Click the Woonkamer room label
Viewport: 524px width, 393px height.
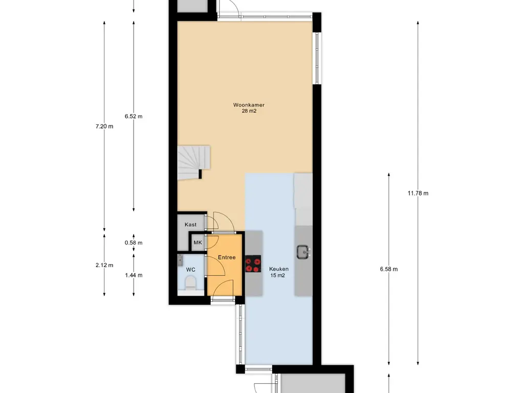coord(249,105)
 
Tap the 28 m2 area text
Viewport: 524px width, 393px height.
coord(249,111)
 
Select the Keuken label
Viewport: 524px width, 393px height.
coord(279,269)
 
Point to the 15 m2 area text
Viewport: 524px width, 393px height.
coord(278,275)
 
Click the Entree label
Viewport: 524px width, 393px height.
coord(227,257)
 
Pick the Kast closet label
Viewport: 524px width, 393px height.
coord(190,225)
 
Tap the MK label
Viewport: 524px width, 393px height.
coord(198,243)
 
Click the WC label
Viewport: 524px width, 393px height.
coord(190,270)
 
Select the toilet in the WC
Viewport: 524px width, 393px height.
coord(190,283)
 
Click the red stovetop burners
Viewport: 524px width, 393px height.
coord(253,264)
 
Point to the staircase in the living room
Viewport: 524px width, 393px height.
coord(193,162)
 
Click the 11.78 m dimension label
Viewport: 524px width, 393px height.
coord(418,193)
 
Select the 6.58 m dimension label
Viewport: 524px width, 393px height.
coord(389,269)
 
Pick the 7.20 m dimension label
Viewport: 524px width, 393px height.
coord(104,126)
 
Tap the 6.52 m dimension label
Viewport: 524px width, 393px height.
coord(134,116)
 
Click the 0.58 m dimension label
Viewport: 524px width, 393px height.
coord(134,243)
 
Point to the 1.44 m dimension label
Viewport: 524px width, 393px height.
coord(134,275)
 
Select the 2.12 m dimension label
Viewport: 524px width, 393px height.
coord(104,265)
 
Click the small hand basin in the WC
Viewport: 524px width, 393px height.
coord(180,259)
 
